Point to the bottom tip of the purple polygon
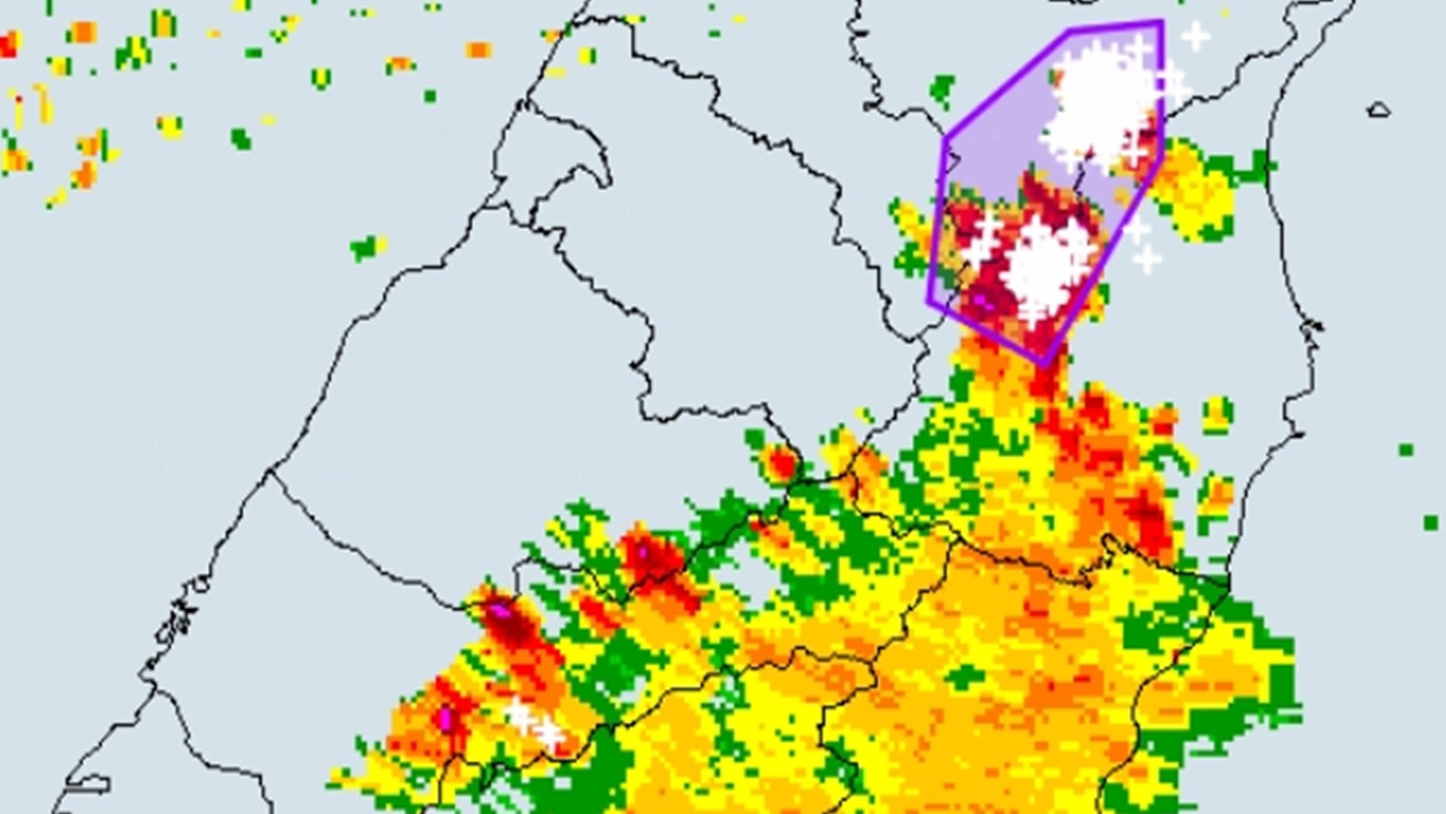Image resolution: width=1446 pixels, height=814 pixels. [1044, 364]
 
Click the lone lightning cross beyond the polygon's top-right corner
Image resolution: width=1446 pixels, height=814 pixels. [1195, 36]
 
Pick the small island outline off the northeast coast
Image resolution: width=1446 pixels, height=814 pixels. [1378, 110]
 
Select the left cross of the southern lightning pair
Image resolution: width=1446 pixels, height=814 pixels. [520, 716]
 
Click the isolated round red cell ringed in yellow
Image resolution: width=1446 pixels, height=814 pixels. [782, 463]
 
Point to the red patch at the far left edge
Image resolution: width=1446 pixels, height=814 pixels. [8, 44]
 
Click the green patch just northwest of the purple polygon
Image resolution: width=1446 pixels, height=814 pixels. [943, 89]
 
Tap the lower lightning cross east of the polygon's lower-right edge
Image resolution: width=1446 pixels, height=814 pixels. [1147, 259]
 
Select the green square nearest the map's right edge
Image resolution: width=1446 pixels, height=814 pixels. [1431, 523]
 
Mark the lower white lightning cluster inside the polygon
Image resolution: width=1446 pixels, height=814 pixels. [1040, 267]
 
